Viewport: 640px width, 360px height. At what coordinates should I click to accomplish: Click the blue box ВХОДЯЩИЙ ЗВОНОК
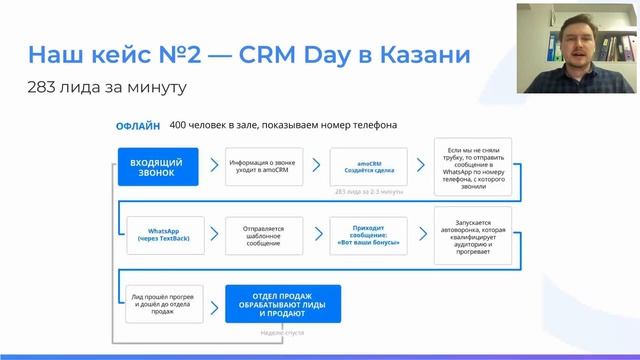pyautogui.click(x=157, y=166)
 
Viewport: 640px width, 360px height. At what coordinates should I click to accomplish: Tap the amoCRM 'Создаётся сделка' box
pyautogui.click(x=368, y=166)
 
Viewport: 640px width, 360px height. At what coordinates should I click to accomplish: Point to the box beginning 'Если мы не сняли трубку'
pyautogui.click(x=473, y=166)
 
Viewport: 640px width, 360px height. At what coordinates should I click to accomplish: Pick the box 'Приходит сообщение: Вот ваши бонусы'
pyautogui.click(x=368, y=235)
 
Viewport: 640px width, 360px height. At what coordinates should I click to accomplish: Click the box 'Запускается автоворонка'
pyautogui.click(x=473, y=235)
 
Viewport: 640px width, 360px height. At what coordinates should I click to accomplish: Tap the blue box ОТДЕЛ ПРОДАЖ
pyautogui.click(x=283, y=303)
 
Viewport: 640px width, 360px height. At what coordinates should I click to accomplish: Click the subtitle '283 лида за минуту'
pyautogui.click(x=107, y=87)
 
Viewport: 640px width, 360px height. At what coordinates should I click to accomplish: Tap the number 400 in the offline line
pyautogui.click(x=182, y=126)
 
